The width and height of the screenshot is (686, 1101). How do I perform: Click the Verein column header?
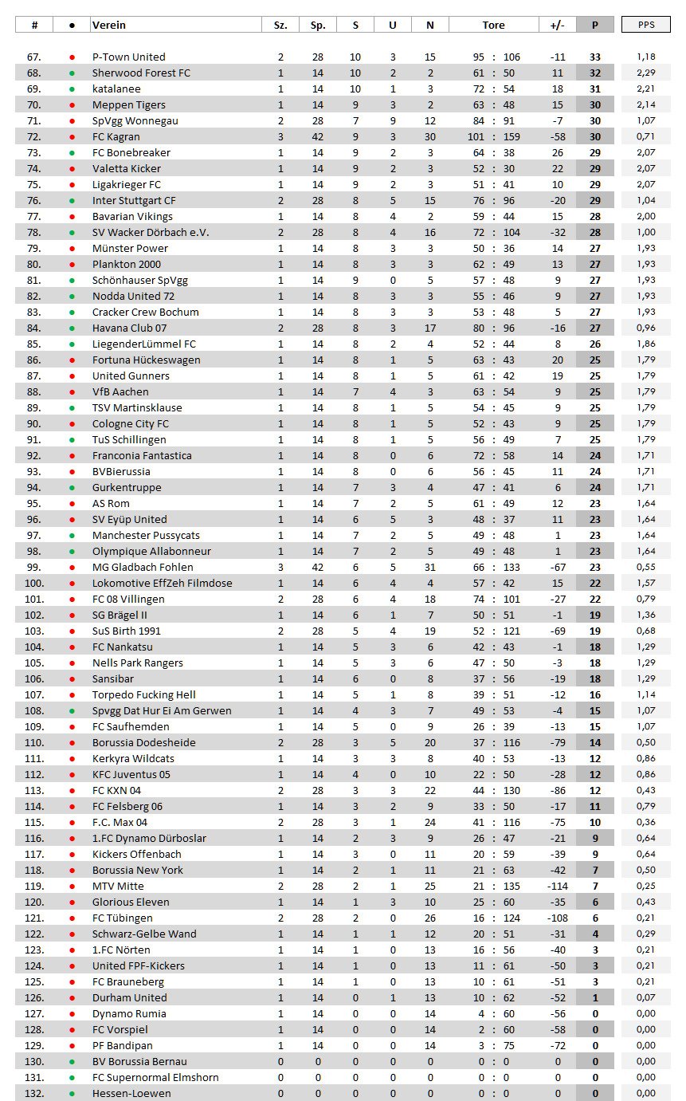point(109,25)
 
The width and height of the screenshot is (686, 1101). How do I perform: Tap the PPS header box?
point(646,25)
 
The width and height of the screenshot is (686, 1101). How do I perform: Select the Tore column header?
point(493,25)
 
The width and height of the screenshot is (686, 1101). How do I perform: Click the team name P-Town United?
point(129,57)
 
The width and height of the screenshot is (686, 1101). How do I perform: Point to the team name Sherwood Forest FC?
point(141,73)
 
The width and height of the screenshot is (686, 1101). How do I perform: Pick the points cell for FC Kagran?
point(594,136)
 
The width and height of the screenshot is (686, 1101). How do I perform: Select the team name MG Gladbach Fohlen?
point(143,567)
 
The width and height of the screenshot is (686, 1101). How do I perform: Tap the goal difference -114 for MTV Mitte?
point(557,886)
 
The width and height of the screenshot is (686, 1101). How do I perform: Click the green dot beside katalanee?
point(73,88)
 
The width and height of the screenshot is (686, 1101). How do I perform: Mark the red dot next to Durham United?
point(73,997)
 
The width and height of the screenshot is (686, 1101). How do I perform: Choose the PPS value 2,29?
point(646,73)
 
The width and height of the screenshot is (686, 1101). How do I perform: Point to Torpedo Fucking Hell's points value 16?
point(594,694)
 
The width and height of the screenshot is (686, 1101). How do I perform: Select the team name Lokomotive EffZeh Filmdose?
point(163,583)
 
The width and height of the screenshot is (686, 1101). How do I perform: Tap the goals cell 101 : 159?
point(493,136)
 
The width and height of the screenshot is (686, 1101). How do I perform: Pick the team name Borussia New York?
point(138,870)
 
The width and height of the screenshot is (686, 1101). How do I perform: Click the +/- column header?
point(557,25)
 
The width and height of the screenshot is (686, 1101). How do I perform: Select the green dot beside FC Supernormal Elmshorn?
point(73,1077)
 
